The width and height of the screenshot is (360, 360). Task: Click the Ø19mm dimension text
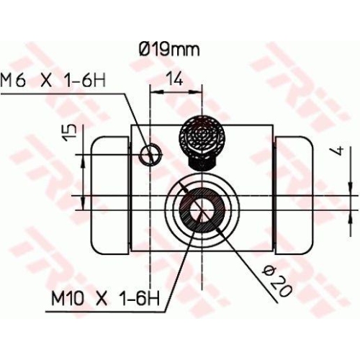[x=168, y=50]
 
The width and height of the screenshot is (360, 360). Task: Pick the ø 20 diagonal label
[x=276, y=280]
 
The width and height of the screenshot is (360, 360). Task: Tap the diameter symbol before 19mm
[x=143, y=50]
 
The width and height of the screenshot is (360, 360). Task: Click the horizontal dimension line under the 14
[x=173, y=90]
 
